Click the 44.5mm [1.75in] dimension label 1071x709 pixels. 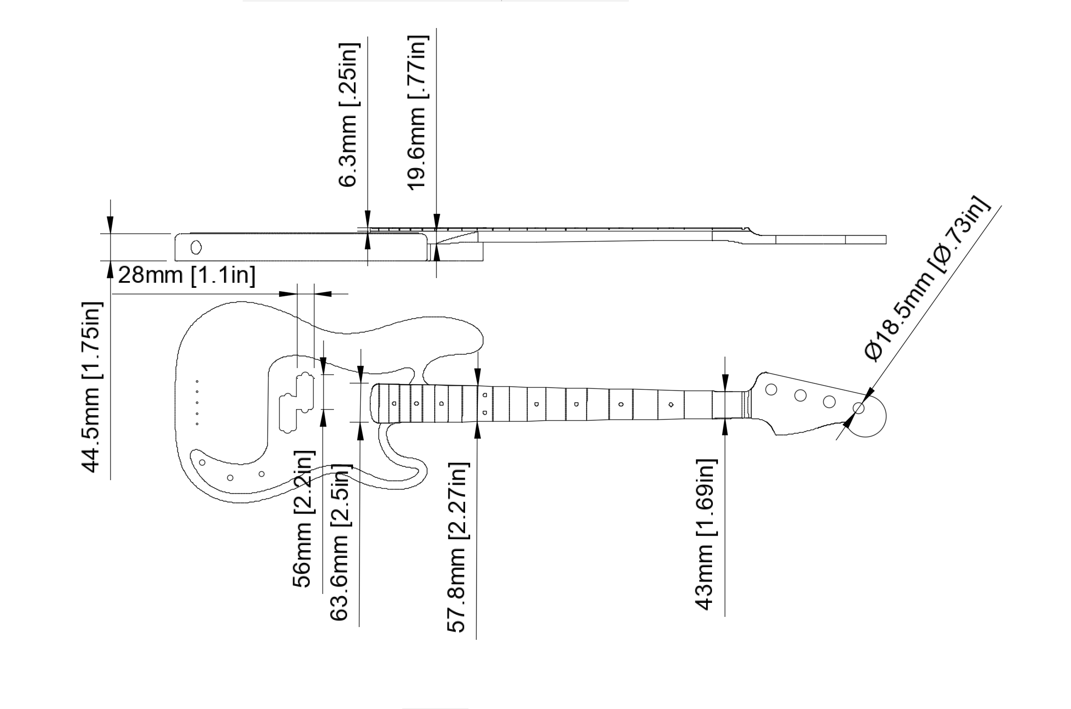coord(92,387)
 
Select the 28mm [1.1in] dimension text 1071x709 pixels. coord(187,275)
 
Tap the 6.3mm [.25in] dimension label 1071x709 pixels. coord(349,115)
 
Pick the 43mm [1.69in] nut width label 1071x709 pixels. coord(706,535)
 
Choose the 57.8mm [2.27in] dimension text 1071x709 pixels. coord(458,547)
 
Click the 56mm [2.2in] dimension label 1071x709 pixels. coord(303,519)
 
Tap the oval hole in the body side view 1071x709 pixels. coord(196,248)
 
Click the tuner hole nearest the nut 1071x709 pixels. coord(771,389)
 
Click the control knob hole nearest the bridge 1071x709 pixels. coord(202,463)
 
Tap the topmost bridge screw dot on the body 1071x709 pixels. coord(197,382)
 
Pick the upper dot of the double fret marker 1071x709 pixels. coord(485,395)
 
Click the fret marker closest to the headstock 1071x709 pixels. coord(670,405)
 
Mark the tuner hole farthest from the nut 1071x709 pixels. coord(858,408)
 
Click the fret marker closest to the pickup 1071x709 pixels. coord(394,403)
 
